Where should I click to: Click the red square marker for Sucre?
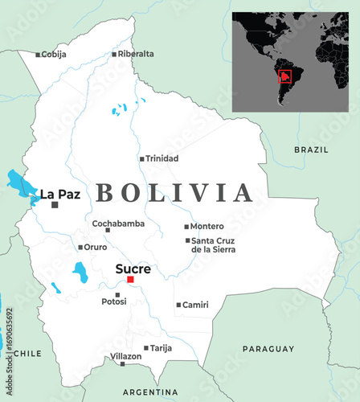(130, 280)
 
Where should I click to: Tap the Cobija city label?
(54, 55)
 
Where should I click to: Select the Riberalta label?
(136, 54)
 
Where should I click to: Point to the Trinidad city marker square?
(142, 159)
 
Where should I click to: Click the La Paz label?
(59, 194)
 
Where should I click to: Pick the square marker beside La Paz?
(55, 205)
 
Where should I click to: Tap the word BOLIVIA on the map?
(174, 193)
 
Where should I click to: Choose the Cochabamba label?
(118, 223)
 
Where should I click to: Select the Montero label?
(207, 227)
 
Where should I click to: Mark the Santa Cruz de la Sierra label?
(213, 244)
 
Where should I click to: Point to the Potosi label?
(113, 301)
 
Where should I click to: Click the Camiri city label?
(195, 305)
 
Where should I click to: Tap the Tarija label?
(162, 348)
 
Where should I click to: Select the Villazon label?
(125, 356)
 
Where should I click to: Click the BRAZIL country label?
(311, 150)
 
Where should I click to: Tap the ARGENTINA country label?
(150, 392)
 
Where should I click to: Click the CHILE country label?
(27, 353)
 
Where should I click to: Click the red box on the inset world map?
(284, 77)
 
